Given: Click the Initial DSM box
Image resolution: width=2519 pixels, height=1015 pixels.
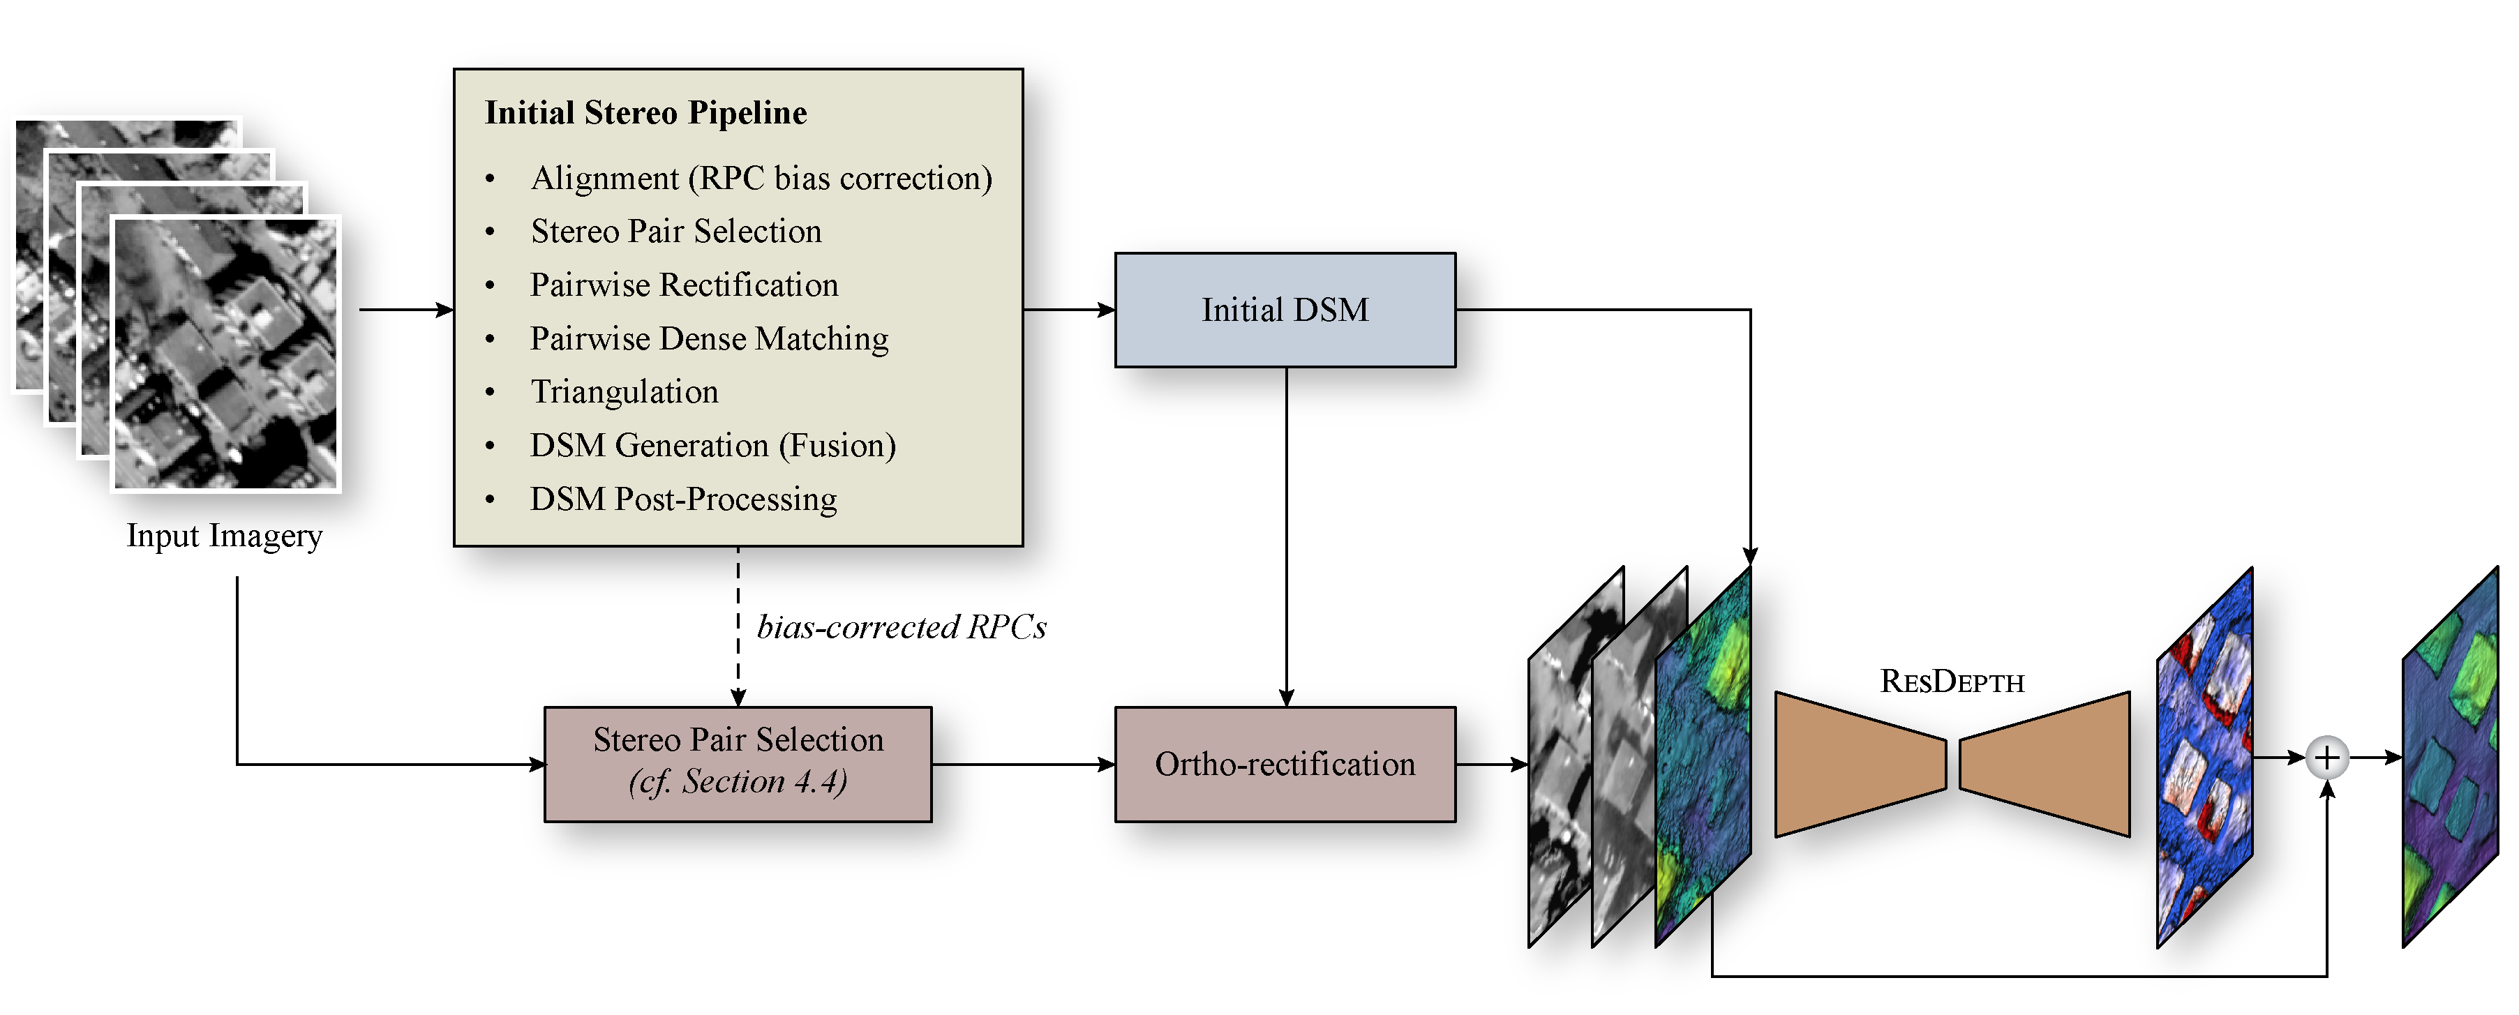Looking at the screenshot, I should (x=1285, y=310).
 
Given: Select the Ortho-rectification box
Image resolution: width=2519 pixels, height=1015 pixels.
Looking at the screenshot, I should (x=1285, y=764).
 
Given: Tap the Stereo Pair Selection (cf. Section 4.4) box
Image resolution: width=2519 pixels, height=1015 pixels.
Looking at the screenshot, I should (x=738, y=764).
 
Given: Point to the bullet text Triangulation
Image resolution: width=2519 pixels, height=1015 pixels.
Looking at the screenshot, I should (x=624, y=392).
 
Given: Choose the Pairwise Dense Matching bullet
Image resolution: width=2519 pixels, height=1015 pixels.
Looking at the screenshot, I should (x=709, y=338).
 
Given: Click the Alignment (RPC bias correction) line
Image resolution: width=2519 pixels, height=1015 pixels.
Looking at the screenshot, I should (x=761, y=178).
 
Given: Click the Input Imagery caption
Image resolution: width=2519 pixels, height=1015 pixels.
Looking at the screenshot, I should (x=224, y=536).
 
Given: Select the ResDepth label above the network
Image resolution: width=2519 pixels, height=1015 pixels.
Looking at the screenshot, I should (x=1952, y=682).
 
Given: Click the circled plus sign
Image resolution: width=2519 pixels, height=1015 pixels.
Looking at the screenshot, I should (x=2327, y=758).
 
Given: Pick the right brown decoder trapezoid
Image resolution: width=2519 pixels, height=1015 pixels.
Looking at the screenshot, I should (x=2046, y=764).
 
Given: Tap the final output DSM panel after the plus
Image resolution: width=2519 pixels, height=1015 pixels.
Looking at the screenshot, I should (x=2451, y=758).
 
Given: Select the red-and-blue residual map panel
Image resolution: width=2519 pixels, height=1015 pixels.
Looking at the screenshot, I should (x=2205, y=758).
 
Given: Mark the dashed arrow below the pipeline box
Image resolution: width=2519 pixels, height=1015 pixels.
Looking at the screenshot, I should (x=738, y=626).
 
